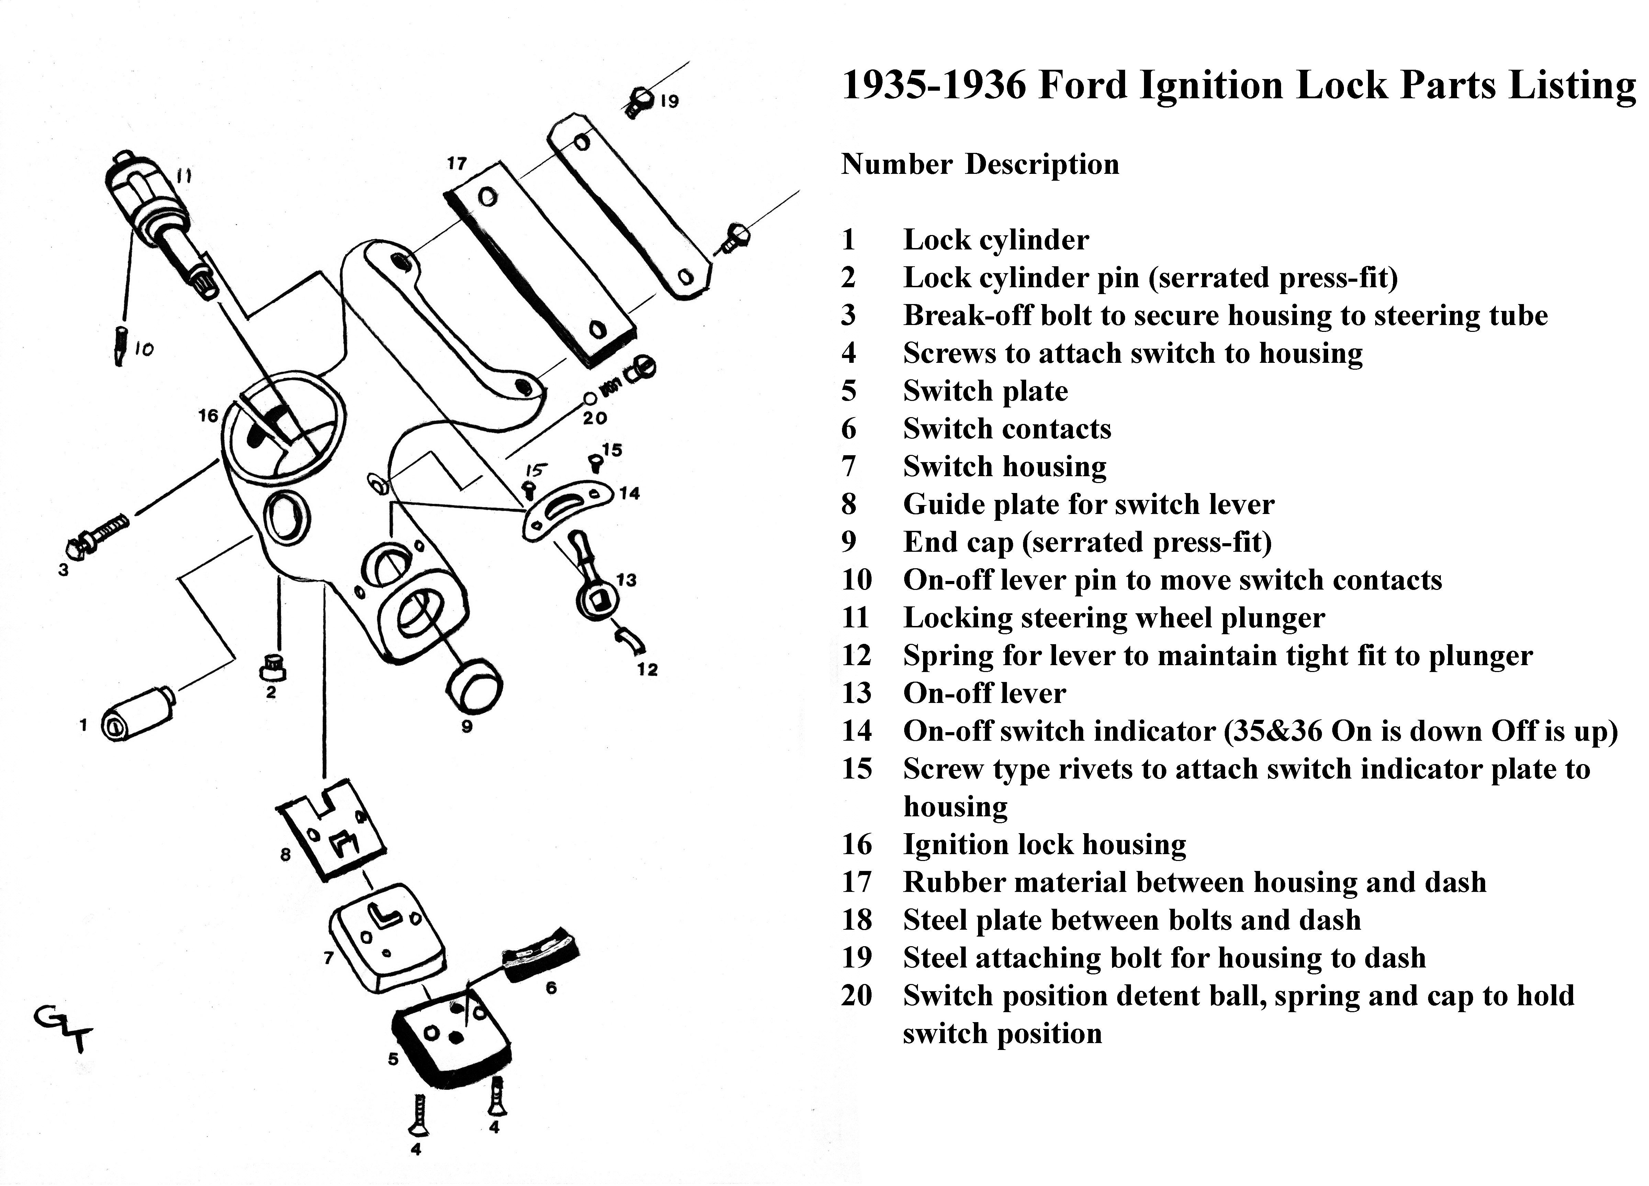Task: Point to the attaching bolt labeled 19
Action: click(638, 102)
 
